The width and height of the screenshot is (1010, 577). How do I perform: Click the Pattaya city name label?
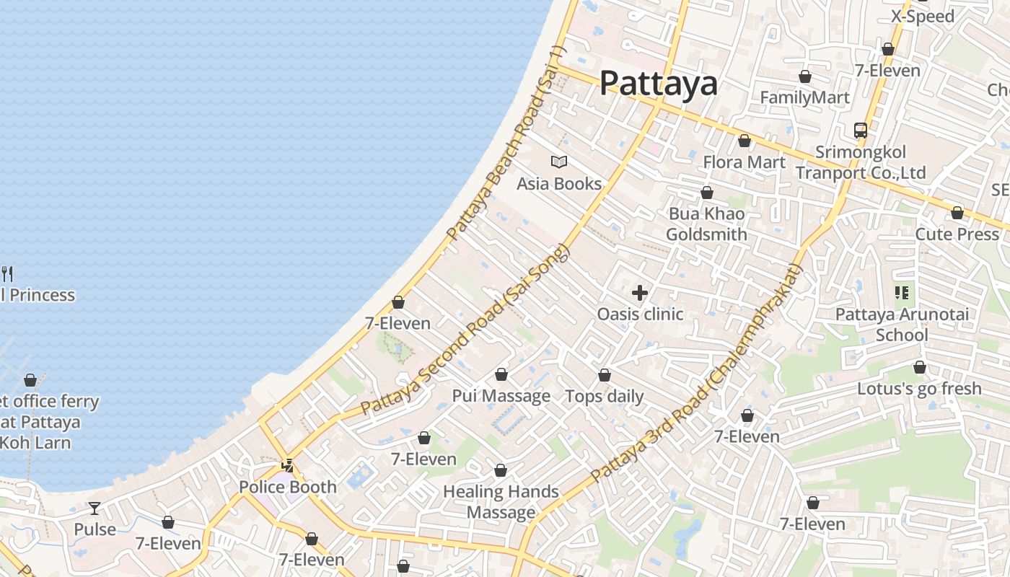(x=659, y=83)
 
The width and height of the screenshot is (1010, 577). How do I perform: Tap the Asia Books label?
(x=559, y=184)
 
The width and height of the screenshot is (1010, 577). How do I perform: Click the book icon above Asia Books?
(x=559, y=162)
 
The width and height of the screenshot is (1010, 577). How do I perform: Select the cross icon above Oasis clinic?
(x=639, y=293)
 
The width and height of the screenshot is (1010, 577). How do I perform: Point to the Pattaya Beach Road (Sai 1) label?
(x=506, y=144)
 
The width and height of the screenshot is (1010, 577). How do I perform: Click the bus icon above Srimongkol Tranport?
(x=861, y=131)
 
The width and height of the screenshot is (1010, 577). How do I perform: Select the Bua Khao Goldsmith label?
(x=706, y=224)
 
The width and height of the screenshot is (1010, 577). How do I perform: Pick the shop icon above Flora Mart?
(x=744, y=141)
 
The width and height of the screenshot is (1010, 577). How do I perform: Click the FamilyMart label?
(x=804, y=97)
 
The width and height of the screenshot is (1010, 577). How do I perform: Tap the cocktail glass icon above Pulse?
(x=95, y=508)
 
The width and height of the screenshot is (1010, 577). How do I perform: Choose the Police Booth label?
(x=288, y=487)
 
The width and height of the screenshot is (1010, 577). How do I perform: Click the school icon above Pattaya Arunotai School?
(x=902, y=293)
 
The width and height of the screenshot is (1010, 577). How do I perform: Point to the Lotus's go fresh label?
(x=919, y=389)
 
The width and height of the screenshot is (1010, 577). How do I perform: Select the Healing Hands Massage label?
(x=501, y=502)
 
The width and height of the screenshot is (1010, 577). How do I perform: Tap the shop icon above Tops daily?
(x=605, y=376)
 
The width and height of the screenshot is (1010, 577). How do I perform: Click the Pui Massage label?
(x=501, y=396)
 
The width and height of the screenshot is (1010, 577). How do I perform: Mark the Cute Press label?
(x=957, y=234)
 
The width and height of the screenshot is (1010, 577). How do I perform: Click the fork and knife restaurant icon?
(x=7, y=273)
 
